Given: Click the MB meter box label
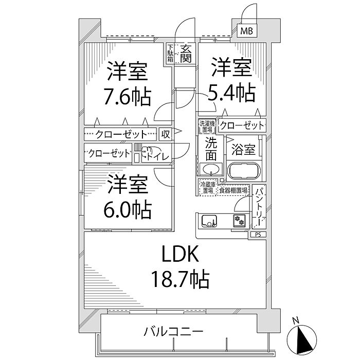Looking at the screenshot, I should point(247,31).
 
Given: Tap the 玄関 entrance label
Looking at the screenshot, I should point(186,53).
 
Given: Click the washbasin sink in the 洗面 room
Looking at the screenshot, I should point(211,170).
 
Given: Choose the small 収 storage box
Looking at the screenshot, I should point(165,134).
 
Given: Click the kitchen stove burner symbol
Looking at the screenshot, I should point(238,221).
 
